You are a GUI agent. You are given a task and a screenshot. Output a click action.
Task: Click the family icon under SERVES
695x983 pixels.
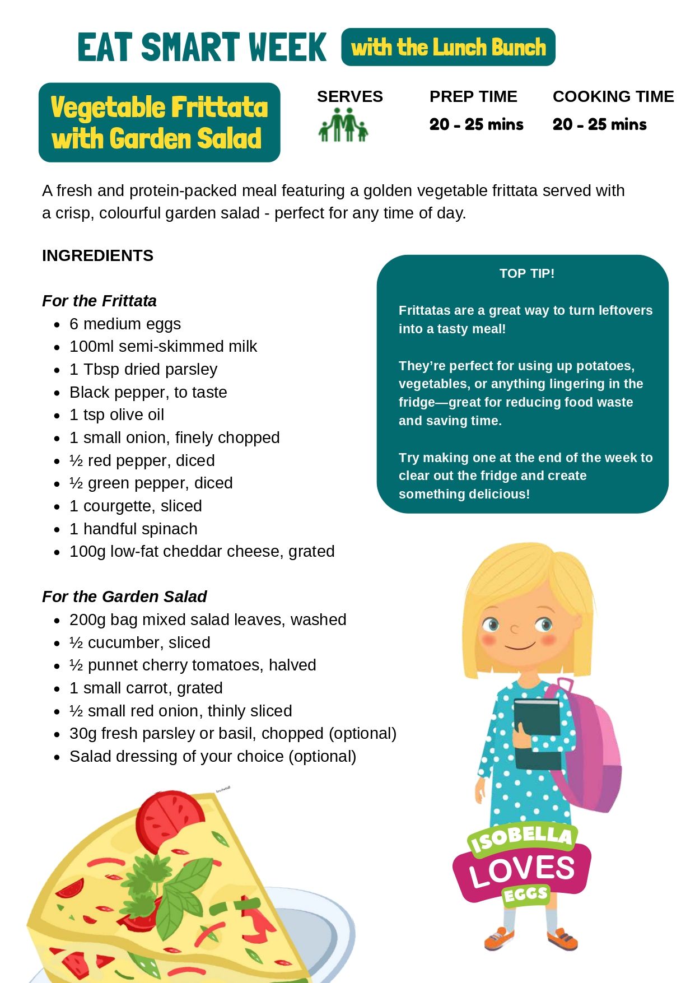coord(343,125)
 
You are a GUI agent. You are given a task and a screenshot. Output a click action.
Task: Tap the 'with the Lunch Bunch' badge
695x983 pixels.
coord(448,47)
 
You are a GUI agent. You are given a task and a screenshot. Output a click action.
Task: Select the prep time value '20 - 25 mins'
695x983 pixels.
coord(476,124)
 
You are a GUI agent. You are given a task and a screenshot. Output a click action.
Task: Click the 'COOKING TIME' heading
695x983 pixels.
coord(613,96)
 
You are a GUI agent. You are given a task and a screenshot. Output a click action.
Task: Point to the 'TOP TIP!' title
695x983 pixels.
coord(526,273)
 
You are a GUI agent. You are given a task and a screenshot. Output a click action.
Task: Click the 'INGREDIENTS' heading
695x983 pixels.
coord(97,255)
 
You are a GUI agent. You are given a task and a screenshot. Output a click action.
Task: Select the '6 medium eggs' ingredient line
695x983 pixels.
coord(125,324)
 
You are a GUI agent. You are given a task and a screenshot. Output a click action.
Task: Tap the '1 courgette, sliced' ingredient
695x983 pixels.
coord(136,506)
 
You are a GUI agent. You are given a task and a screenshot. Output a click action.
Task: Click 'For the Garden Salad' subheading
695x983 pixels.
coord(124,597)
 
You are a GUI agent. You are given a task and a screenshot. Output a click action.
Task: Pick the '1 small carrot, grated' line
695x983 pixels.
coord(146,688)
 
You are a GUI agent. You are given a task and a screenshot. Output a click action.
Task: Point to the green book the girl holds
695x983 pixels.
coord(537,734)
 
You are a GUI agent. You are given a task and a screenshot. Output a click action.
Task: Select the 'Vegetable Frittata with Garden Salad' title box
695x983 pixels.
coord(159,123)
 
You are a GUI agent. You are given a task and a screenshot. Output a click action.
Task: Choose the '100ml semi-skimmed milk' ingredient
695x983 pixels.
coord(163,346)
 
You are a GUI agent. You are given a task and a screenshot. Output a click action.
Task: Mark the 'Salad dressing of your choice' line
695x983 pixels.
coord(213,756)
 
